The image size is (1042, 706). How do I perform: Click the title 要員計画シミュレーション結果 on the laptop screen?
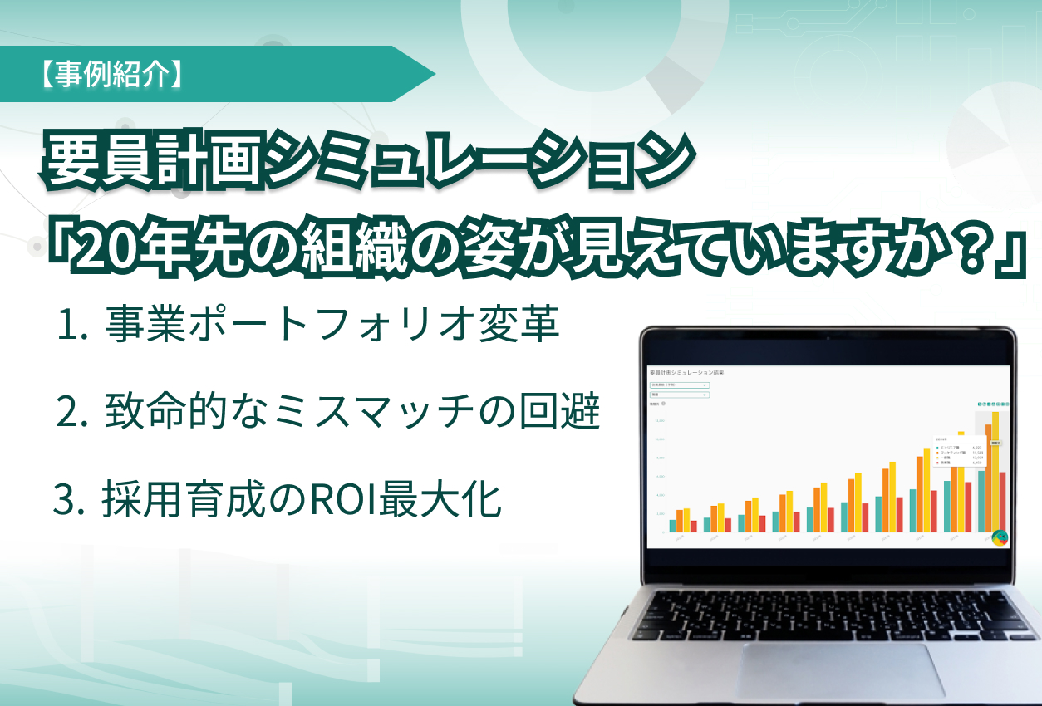pos(686,374)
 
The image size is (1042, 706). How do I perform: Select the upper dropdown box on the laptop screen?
pos(680,385)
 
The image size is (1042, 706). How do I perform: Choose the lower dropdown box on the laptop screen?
pos(680,395)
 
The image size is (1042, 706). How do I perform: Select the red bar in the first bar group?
pos(694,526)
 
